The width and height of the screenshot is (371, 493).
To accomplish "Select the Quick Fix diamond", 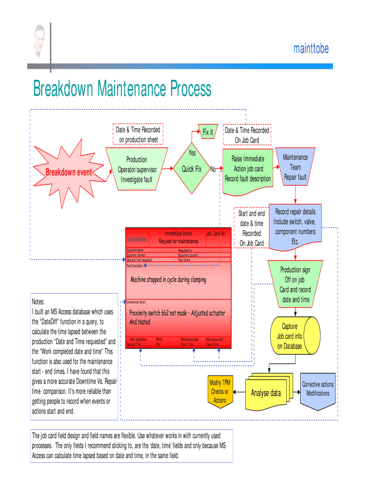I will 191,169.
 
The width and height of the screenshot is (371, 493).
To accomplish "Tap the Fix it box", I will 208,132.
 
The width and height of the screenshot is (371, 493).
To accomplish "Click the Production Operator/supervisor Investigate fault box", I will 137,169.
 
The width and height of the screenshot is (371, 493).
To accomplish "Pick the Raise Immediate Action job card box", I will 248,169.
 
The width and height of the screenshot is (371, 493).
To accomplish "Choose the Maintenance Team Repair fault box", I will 295,168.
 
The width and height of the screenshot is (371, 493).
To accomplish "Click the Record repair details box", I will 295,226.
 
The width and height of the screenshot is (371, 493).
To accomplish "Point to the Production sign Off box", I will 295,285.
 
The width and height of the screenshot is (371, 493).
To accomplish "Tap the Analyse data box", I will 265,393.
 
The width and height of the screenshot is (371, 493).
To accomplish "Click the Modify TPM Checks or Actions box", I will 220,391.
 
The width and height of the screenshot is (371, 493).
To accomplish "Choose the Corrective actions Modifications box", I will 318,389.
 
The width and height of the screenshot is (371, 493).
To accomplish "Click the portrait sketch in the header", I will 40,41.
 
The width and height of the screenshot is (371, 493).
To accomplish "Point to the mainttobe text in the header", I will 311,49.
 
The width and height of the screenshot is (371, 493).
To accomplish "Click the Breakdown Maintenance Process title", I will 122,89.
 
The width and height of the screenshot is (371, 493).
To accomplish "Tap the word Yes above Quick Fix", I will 192,153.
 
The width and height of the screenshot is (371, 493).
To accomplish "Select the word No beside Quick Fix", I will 212,169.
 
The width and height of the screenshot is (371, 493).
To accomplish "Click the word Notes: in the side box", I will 38,301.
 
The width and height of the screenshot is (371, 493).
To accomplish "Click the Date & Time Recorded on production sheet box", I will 138,135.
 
